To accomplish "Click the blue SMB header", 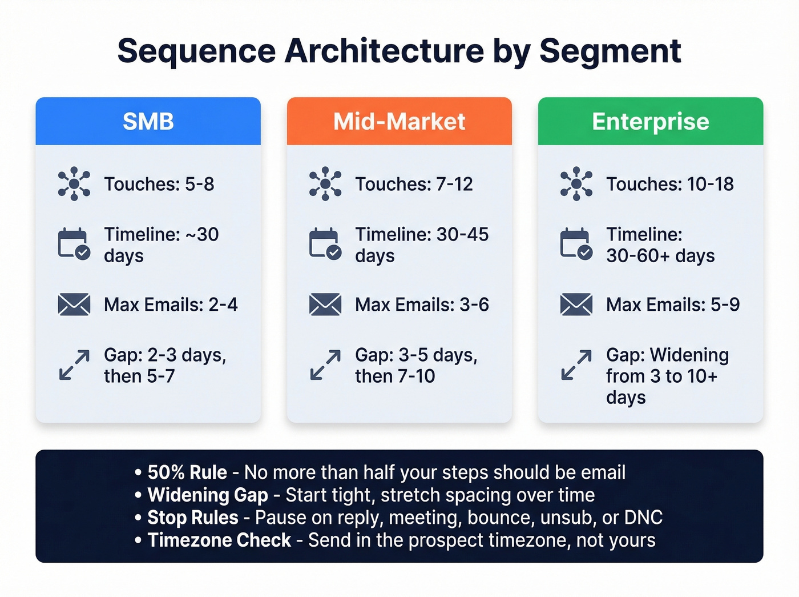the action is pyautogui.click(x=148, y=121).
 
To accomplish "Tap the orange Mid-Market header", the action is pyautogui.click(x=399, y=121).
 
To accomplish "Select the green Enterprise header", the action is pyautogui.click(x=650, y=121).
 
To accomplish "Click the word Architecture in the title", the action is pyautogui.click(x=384, y=51).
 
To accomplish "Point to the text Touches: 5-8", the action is pyautogui.click(x=159, y=184).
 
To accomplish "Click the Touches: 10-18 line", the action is pyautogui.click(x=669, y=184).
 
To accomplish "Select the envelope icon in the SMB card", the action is pyautogui.click(x=74, y=304).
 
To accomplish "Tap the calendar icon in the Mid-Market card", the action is pyautogui.click(x=325, y=244).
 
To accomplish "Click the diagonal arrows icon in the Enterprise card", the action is pyautogui.click(x=576, y=365).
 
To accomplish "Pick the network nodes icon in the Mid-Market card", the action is pyautogui.click(x=325, y=183).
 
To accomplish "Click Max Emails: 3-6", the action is pyautogui.click(x=422, y=304).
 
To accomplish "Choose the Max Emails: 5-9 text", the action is pyautogui.click(x=673, y=304).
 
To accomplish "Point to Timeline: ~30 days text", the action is pyautogui.click(x=161, y=245).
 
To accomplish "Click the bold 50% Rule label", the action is pyautogui.click(x=187, y=472).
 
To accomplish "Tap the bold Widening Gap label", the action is pyautogui.click(x=208, y=495).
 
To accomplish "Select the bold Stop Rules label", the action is pyautogui.click(x=193, y=518).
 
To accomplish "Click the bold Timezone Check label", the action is pyautogui.click(x=219, y=540).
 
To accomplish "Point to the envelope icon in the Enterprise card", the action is pyautogui.click(x=576, y=304).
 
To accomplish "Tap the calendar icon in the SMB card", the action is pyautogui.click(x=74, y=244).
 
